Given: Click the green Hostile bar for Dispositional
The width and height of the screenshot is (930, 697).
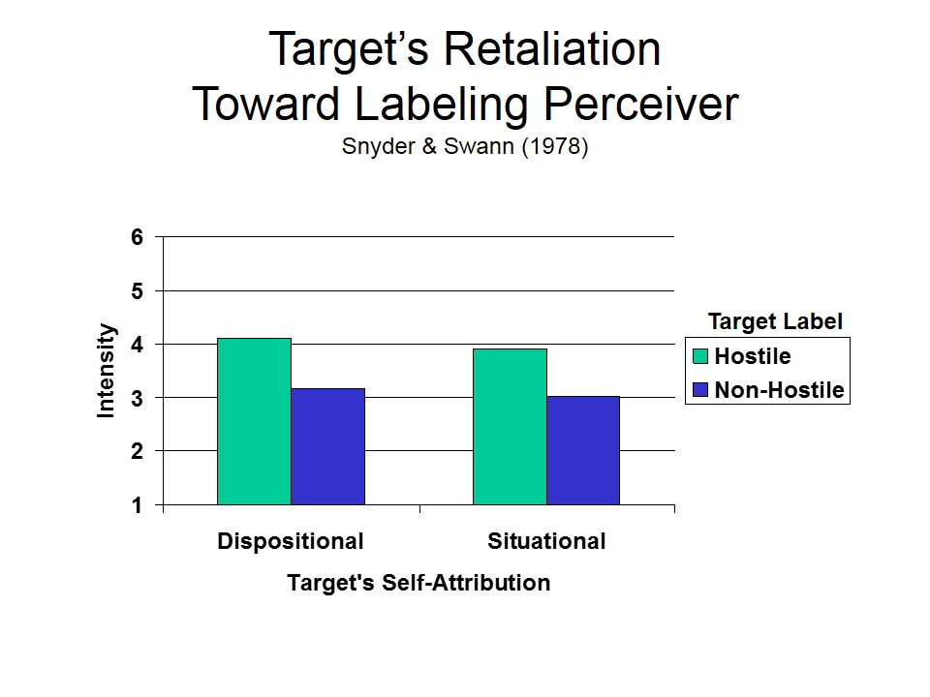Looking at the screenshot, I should click(254, 421).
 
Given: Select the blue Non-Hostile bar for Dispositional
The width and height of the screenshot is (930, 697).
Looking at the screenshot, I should click(327, 446).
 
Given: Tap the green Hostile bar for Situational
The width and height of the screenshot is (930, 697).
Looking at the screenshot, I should click(510, 427).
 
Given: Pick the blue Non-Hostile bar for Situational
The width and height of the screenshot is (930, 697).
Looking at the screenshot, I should click(583, 450).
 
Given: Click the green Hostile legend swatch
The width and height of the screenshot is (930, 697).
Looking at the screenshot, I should click(701, 356).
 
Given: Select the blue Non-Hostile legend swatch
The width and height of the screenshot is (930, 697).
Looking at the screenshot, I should click(701, 391).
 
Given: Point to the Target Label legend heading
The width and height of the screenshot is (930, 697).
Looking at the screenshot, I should click(775, 321).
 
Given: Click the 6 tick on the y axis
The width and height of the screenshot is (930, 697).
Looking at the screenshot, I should click(137, 237).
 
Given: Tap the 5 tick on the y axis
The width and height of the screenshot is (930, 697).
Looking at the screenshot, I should click(137, 290).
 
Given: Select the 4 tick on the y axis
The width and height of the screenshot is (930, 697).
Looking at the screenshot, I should click(137, 345).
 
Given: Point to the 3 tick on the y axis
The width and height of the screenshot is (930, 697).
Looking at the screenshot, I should click(137, 398).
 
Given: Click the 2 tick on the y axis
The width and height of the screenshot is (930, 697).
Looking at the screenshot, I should click(137, 451).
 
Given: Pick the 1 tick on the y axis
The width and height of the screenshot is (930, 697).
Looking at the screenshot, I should click(137, 505).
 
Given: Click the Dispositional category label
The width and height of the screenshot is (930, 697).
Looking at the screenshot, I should click(291, 541).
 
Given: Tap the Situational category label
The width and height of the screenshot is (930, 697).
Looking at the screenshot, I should click(546, 541).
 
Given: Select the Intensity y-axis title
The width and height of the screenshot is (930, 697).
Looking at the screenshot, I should click(107, 371).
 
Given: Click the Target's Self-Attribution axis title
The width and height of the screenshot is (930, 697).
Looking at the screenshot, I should click(418, 583).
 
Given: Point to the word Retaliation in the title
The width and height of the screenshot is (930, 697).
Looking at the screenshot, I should click(537, 49).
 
